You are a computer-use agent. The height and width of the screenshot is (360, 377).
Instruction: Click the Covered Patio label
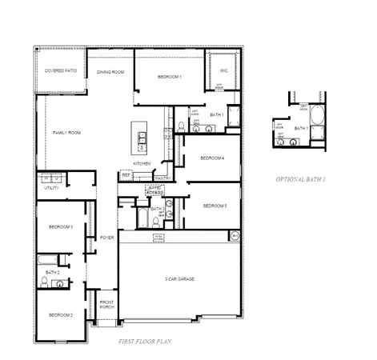[60, 71]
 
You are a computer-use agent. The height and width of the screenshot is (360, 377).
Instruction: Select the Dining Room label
[110, 72]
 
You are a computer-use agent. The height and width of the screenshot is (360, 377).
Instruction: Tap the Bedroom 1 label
[170, 76]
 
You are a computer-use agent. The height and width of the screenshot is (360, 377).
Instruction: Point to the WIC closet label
[224, 70]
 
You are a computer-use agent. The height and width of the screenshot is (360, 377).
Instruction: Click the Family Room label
[66, 132]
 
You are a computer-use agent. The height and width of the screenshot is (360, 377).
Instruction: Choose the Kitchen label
[142, 163]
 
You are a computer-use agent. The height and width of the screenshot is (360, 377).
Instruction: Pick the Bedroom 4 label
[212, 158]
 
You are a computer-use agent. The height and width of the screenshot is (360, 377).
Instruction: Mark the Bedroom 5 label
[215, 206]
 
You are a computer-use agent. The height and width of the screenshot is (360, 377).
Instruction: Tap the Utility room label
[51, 188]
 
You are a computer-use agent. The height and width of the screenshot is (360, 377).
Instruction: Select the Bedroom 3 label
[61, 227]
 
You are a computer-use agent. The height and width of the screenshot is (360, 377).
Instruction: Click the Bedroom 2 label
[61, 314]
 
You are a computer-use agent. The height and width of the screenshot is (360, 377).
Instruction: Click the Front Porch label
[106, 305]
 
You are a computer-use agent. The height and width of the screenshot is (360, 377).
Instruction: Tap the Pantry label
[162, 178]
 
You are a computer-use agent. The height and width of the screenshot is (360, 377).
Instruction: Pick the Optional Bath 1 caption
[301, 178]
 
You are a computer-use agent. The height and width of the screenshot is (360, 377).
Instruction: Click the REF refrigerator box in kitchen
[126, 174]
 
